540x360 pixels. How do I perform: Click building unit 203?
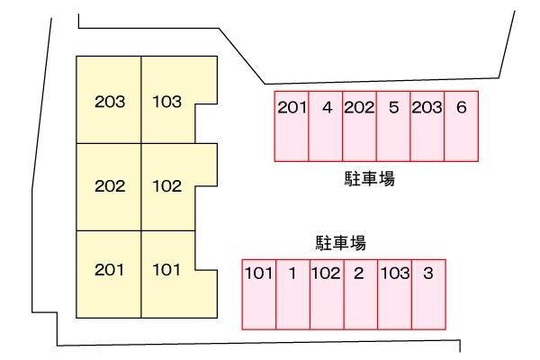[109, 100]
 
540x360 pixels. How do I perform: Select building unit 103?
[167, 100]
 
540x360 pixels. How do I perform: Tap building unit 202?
[109, 186]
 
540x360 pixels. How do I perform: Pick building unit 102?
[167, 186]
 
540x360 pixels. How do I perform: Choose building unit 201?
[109, 274]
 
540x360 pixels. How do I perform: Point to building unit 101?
[167, 274]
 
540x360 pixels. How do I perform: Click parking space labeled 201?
[292, 126]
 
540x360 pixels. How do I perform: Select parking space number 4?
[326, 126]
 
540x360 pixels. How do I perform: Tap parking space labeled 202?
[359, 126]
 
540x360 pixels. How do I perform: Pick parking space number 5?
[393, 126]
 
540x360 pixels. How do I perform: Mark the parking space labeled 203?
[427, 126]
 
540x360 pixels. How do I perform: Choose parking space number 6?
[462, 126]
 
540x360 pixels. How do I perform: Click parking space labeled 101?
[259, 294]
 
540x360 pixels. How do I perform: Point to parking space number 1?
[293, 294]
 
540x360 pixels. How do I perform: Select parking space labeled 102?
[327, 294]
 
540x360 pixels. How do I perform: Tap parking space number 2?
[361, 294]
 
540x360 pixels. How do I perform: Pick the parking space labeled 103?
[395, 294]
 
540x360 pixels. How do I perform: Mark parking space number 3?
[428, 294]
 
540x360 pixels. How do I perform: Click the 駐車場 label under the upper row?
[370, 179]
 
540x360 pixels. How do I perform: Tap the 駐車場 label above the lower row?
[341, 243]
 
